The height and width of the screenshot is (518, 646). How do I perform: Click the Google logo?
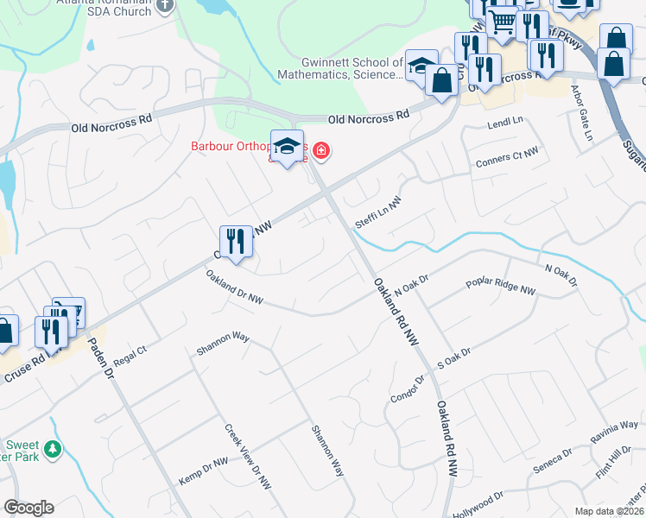28,508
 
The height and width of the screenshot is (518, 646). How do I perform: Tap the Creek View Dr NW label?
248,457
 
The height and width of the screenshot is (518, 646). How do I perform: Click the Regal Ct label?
130,356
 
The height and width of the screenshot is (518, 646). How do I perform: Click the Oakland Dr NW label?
234,288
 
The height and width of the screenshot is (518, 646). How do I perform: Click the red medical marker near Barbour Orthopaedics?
321,152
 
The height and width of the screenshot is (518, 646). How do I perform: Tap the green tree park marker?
54,449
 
